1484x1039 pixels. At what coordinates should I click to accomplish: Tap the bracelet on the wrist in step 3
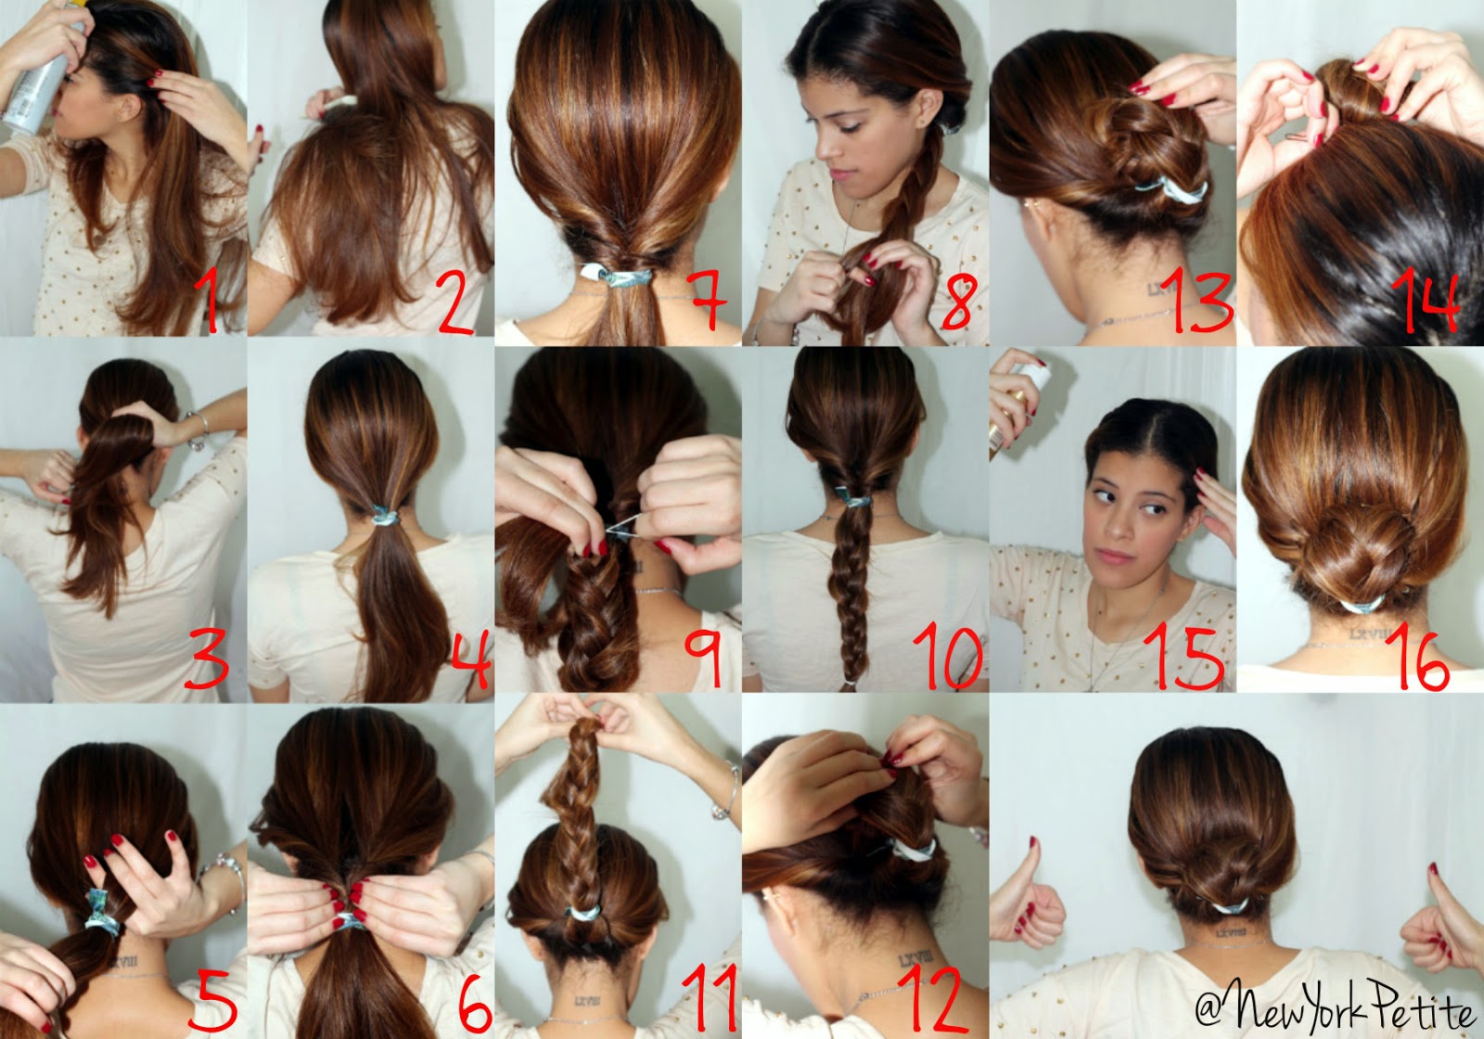coord(197,431)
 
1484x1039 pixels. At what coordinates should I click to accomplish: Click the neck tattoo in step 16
coord(1369,634)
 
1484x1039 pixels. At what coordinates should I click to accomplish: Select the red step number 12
coord(937,997)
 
